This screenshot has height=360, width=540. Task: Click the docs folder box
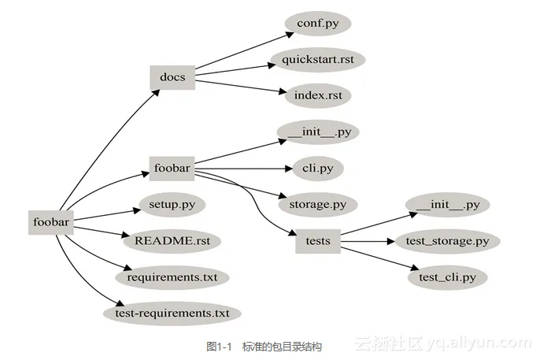click(172, 76)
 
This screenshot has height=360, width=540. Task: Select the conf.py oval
click(317, 23)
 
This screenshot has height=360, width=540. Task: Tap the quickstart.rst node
click(318, 59)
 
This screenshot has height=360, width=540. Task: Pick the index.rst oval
click(317, 95)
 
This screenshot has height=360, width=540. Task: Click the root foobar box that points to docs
click(52, 223)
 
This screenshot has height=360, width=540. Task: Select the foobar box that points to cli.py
click(172, 169)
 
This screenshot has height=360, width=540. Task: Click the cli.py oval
click(317, 168)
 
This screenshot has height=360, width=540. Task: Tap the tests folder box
click(317, 241)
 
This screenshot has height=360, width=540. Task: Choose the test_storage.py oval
click(447, 240)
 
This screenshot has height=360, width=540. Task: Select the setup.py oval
click(172, 204)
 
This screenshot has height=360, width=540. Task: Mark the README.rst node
click(172, 240)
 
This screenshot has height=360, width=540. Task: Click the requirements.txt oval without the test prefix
click(172, 277)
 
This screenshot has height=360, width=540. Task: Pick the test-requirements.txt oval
click(172, 313)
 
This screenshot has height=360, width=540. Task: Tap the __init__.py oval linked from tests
click(447, 204)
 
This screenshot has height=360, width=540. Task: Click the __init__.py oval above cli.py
click(318, 132)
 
